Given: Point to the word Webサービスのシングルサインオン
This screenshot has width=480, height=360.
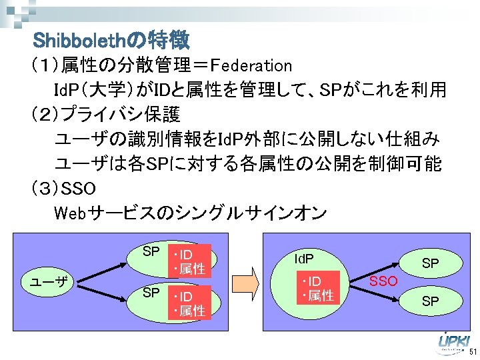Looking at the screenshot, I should click(x=189, y=213).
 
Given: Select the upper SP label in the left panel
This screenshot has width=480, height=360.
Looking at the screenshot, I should click(x=151, y=251).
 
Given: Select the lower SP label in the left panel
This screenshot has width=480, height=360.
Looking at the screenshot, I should click(x=151, y=292).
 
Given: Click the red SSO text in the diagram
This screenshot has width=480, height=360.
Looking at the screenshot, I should click(x=384, y=281).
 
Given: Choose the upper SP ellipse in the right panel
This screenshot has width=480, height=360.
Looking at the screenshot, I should click(x=430, y=263).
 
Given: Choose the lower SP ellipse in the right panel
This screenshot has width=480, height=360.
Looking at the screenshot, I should click(x=430, y=301).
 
